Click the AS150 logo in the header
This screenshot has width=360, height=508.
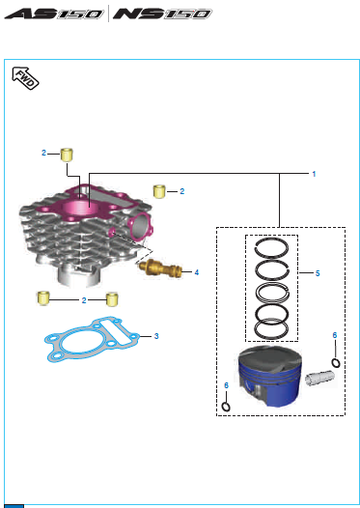[54, 14]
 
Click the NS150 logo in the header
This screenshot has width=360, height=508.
[162, 14]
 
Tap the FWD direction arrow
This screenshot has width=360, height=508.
[25, 78]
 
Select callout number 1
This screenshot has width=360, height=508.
[314, 174]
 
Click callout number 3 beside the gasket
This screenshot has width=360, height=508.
[156, 336]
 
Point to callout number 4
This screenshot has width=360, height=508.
[197, 272]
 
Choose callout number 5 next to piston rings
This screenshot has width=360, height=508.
[318, 273]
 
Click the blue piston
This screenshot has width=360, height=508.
[269, 376]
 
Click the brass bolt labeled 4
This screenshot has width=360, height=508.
[160, 268]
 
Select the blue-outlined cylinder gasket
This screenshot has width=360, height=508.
[93, 340]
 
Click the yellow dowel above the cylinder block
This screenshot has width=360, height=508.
[67, 155]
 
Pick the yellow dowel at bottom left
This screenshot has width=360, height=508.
[43, 298]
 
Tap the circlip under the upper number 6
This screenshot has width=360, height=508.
[336, 362]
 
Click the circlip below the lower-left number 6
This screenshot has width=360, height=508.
[226, 407]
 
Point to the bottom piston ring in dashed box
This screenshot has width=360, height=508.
[271, 330]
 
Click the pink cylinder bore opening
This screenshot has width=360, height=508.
[79, 208]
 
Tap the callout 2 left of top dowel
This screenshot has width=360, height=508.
[43, 153]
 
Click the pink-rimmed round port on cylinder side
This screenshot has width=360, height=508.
[141, 223]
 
